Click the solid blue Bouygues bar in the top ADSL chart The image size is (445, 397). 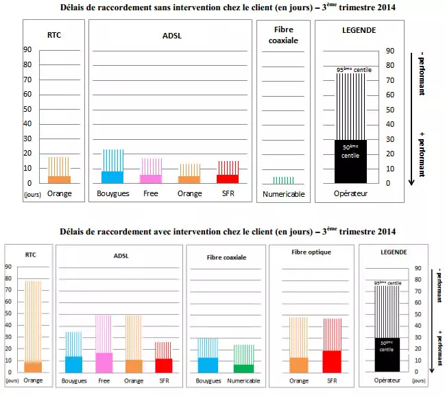click(x=112, y=177)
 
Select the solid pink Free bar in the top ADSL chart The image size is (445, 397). click(x=151, y=179)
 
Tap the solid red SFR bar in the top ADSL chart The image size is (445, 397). click(x=228, y=179)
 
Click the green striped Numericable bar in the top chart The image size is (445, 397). click(x=283, y=180)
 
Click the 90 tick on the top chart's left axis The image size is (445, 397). click(x=28, y=50)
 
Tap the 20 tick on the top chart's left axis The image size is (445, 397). click(x=28, y=154)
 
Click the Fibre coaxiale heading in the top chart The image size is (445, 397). click(x=283, y=34)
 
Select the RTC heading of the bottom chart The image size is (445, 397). click(x=31, y=255)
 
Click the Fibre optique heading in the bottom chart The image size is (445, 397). click(x=311, y=252)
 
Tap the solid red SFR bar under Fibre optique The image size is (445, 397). click(x=332, y=361)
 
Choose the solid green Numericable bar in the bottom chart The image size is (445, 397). click(x=243, y=368)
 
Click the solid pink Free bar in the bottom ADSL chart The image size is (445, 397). click(x=104, y=363)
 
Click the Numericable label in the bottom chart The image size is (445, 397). click(x=243, y=381)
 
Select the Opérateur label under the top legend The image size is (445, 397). click(x=350, y=194)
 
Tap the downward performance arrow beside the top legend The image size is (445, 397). click(x=410, y=117)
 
